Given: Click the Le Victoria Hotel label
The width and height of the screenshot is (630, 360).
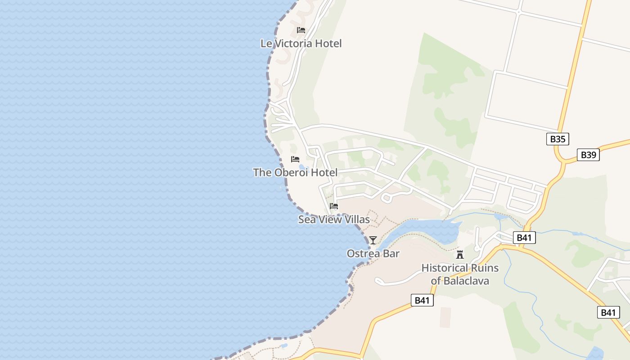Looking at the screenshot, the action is (301, 44).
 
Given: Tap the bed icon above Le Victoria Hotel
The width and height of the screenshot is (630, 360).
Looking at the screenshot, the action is (301, 30).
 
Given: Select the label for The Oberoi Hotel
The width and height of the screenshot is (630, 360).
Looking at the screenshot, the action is (295, 172).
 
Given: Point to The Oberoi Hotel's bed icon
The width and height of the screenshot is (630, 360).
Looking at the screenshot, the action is (295, 159).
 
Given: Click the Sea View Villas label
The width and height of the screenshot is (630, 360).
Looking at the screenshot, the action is (334, 220).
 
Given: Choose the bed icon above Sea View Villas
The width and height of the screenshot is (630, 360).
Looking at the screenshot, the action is (334, 206).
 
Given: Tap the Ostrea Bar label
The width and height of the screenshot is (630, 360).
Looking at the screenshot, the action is (373, 254).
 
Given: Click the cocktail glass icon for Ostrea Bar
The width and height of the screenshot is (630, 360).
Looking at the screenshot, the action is (373, 240).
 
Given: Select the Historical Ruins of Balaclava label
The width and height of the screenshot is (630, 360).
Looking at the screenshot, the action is (460, 274).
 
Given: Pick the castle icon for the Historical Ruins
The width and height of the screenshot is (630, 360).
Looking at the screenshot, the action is (460, 254).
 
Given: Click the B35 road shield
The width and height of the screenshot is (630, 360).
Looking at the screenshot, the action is (558, 139).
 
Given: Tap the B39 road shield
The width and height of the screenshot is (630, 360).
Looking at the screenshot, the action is (588, 155).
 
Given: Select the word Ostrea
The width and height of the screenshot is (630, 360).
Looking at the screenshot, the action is (361, 254).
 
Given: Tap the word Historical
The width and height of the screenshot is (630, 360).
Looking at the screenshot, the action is (445, 268).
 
